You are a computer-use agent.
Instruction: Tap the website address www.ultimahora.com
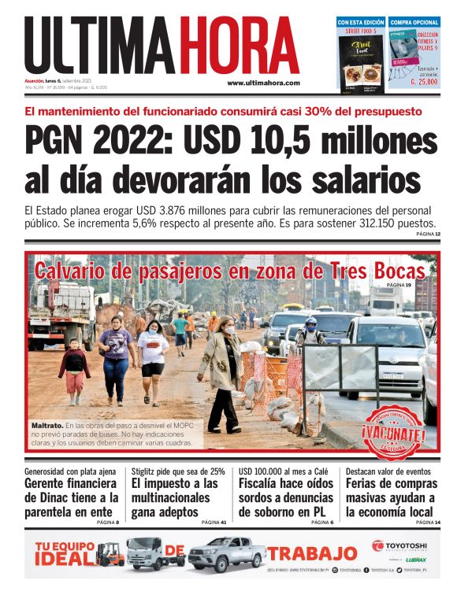263,83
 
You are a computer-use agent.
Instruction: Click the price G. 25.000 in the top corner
413,81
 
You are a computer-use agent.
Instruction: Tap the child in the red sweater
74,370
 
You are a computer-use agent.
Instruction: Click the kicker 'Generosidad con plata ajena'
71,471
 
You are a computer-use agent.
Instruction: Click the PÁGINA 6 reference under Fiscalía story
321,522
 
